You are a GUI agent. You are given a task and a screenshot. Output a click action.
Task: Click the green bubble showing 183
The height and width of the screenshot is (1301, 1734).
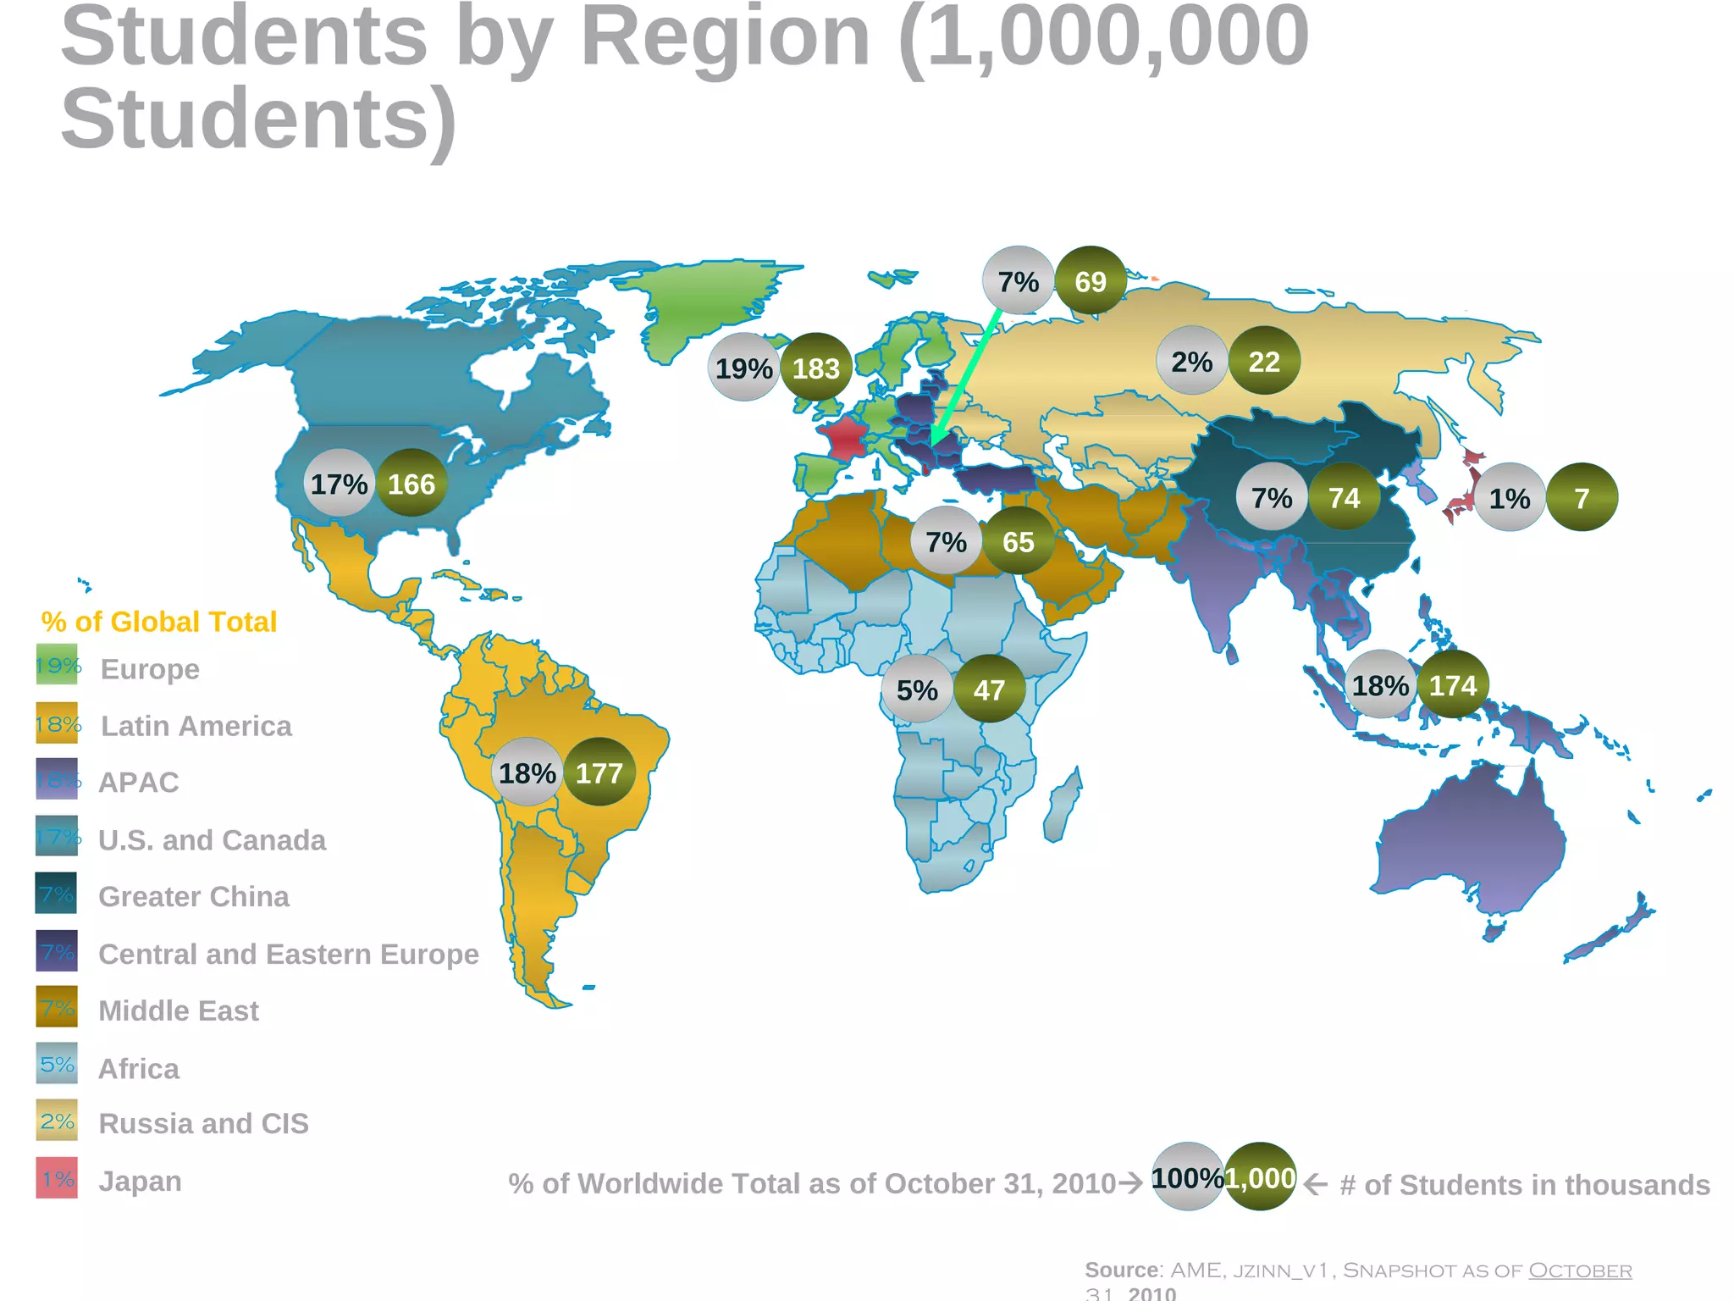816,368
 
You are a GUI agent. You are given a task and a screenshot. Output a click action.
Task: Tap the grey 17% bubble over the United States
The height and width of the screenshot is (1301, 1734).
339,484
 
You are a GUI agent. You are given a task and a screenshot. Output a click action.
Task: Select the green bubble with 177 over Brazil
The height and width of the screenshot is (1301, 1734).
599,772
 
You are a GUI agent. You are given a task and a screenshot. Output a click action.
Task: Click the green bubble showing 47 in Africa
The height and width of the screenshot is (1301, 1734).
989,689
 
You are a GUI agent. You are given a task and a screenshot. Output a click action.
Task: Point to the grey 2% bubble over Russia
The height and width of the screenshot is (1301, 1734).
1192,362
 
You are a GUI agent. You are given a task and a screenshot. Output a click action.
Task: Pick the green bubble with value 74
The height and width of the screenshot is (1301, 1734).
1345,497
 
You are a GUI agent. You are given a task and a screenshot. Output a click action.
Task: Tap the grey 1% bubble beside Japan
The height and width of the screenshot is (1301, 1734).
1510,498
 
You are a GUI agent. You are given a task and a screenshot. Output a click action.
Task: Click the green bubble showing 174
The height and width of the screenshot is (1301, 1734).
1453,684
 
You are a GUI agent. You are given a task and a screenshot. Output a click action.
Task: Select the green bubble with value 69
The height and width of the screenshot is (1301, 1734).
1091,281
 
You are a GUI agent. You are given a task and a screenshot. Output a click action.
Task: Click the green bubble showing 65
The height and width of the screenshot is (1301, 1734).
1018,541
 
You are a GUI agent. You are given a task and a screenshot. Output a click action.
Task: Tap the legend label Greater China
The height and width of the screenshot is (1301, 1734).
194,896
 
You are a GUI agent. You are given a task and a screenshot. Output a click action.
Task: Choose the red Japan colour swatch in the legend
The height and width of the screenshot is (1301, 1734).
57,1178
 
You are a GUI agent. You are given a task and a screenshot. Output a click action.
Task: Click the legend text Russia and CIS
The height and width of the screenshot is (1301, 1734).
203,1123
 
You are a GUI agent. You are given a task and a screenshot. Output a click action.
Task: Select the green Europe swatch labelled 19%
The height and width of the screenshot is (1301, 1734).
57,665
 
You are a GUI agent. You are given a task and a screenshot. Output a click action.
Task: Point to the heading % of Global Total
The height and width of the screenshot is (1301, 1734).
159,622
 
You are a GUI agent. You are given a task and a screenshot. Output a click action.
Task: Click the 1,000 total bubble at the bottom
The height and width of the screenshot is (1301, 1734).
1261,1177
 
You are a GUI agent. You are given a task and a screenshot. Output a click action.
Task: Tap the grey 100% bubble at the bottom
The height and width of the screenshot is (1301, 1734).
1187,1177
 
